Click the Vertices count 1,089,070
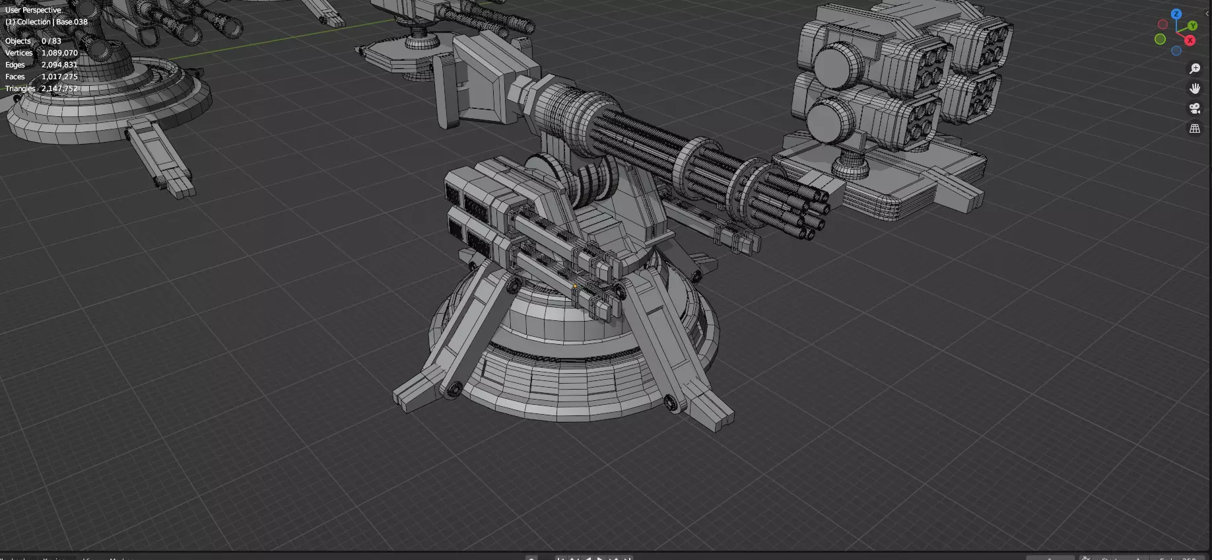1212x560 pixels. click(59, 53)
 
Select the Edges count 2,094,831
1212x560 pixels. click(59, 65)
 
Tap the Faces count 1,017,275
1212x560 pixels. click(59, 77)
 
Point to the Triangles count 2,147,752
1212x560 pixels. click(59, 88)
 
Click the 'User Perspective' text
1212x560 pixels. click(33, 10)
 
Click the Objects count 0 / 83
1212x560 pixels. click(51, 41)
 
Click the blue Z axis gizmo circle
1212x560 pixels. click(1176, 14)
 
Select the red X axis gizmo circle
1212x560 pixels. click(1190, 40)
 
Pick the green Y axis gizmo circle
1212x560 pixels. click(1192, 26)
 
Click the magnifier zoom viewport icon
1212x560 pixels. click(1195, 69)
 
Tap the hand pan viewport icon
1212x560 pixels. click(1195, 88)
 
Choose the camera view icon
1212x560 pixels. click(1195, 108)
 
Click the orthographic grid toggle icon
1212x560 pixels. click(1195, 129)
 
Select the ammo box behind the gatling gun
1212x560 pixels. click(488, 79)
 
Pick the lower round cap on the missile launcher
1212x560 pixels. click(828, 121)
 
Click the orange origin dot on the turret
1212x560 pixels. click(576, 286)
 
